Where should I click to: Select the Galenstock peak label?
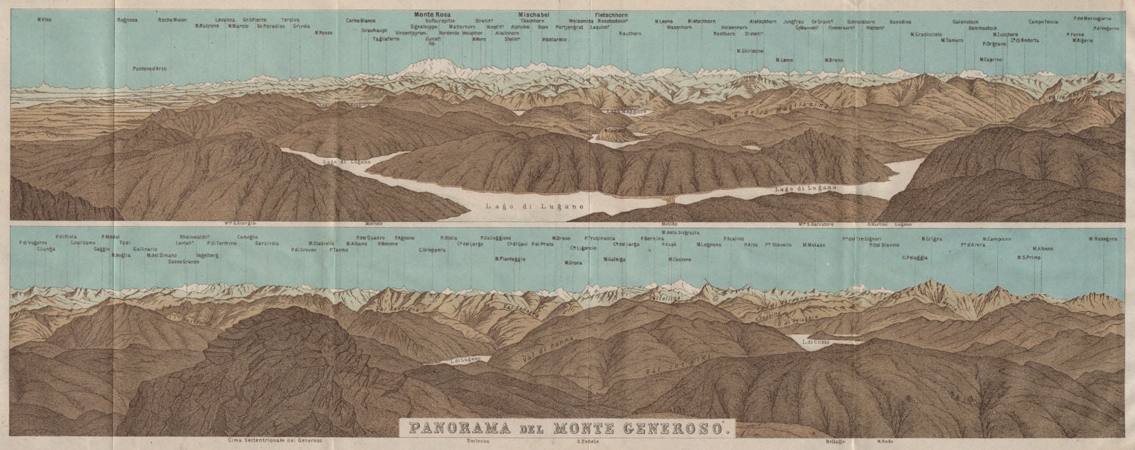(967, 22)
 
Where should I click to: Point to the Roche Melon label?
(172, 19)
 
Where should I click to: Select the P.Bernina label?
(652, 238)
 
